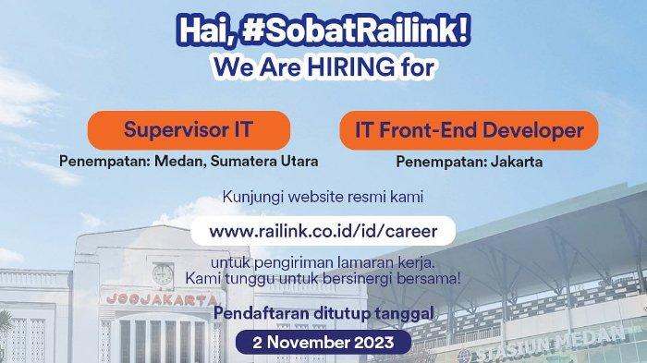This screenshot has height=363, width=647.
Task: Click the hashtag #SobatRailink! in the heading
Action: click(x=356, y=30)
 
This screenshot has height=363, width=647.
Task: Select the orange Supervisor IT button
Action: click(x=189, y=130)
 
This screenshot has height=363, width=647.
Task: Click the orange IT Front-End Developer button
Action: click(x=470, y=130)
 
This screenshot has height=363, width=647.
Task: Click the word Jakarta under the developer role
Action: click(x=517, y=162)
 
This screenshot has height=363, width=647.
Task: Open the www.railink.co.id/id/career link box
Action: click(x=323, y=231)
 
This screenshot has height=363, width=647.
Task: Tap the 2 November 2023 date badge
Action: click(x=323, y=343)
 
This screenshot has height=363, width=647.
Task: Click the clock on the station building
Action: click(x=163, y=274)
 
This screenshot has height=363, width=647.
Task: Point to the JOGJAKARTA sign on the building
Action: click(x=161, y=299)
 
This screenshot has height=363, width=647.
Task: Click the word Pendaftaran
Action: click(x=262, y=313)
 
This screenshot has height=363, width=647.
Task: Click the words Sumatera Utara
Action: click(x=264, y=162)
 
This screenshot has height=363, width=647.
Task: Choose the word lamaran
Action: click(x=360, y=262)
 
